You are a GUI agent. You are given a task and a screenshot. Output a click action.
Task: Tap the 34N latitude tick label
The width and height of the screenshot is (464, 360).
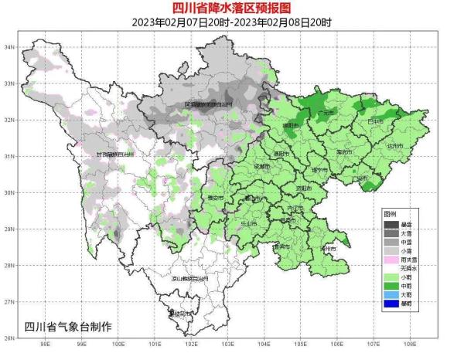[x=11, y=47]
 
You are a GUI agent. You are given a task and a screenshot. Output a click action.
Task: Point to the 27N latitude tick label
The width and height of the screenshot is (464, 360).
[x=11, y=301]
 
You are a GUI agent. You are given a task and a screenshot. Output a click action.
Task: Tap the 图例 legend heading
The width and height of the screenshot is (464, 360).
[x=391, y=212]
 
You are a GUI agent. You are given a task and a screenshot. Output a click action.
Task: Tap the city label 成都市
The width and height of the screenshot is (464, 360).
[x=261, y=166]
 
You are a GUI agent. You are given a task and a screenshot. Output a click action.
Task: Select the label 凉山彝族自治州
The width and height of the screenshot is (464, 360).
[x=189, y=278]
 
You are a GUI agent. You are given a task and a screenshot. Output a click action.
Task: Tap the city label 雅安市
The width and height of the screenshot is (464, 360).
[x=215, y=199]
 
